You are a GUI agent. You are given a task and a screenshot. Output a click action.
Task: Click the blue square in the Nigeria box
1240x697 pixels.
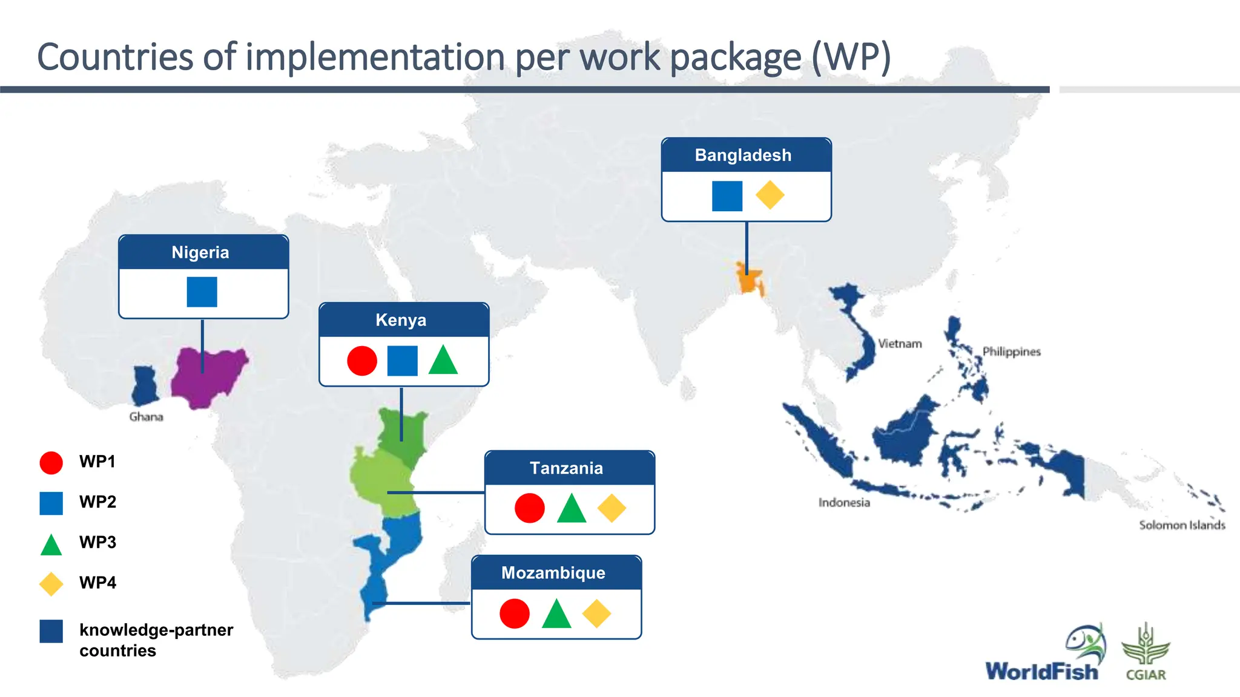tap(202, 292)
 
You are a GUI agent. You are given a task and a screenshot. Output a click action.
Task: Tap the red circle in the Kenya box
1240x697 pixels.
tap(362, 361)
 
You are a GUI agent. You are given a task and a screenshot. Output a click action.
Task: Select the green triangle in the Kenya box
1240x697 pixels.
tap(443, 361)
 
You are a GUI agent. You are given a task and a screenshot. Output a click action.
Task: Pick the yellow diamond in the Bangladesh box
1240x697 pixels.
tap(770, 195)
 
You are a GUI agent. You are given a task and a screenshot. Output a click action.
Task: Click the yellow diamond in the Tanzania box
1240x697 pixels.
tap(612, 508)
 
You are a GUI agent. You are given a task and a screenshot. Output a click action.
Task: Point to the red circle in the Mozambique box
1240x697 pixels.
tap(515, 614)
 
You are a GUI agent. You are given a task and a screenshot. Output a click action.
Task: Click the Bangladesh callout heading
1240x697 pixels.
tap(743, 155)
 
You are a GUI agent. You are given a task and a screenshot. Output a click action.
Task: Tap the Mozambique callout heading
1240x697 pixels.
tap(553, 573)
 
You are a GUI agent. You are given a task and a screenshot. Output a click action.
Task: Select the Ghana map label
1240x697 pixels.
tap(146, 417)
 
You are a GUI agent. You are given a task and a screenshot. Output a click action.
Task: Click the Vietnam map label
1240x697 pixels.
tap(900, 344)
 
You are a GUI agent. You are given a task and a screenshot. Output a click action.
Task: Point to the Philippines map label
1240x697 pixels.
tap(1011, 352)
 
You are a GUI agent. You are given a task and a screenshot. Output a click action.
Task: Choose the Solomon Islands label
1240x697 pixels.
tap(1182, 525)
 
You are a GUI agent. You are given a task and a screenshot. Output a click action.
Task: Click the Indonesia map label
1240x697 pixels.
tap(844, 503)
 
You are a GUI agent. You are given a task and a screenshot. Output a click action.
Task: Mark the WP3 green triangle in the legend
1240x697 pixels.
tap(51, 545)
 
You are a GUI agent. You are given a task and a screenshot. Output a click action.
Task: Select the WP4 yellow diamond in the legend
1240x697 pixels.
tap(51, 583)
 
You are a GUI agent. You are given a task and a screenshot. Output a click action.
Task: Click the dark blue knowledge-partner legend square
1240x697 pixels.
tap(51, 631)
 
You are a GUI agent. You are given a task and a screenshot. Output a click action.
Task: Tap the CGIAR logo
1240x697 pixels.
tap(1146, 653)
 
